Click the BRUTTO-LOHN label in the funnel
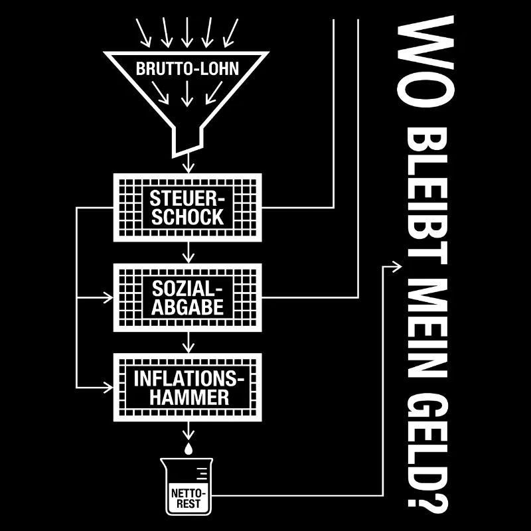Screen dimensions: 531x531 click(x=187, y=68)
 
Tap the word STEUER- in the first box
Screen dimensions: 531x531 click(x=187, y=198)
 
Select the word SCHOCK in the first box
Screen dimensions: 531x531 click(x=187, y=217)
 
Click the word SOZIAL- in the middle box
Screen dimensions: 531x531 click(x=187, y=289)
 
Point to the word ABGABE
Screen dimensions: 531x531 click(x=187, y=307)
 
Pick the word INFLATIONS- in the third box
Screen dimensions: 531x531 click(x=189, y=378)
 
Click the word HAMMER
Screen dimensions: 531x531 click(x=189, y=397)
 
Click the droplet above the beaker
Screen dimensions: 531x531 click(x=189, y=449)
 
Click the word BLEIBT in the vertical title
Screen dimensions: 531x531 click(x=427, y=196)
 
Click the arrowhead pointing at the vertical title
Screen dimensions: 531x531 click(x=397, y=267)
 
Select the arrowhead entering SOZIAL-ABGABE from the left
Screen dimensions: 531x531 click(x=108, y=298)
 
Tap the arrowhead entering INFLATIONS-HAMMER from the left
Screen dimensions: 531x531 click(x=108, y=388)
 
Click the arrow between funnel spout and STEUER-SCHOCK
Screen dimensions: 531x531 click(x=189, y=163)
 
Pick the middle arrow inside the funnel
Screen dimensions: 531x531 click(x=187, y=94)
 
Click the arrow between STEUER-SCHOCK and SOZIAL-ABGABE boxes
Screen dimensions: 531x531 click(x=189, y=252)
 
